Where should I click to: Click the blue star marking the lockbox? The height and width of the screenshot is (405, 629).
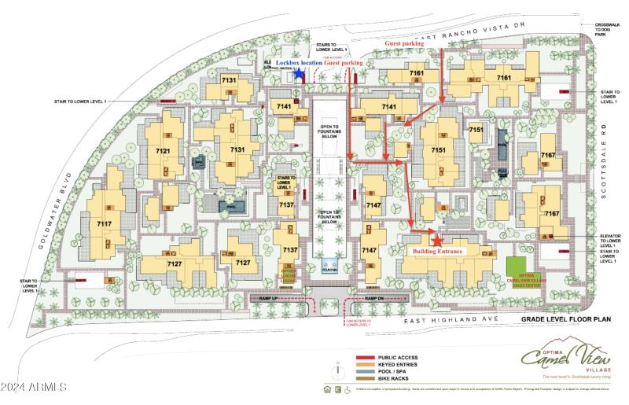299,73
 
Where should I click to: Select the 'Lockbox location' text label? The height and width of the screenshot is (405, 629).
299,62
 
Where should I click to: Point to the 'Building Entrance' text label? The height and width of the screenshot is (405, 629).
439,251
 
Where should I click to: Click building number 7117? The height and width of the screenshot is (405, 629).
103,224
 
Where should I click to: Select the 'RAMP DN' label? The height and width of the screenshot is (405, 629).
374,299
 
